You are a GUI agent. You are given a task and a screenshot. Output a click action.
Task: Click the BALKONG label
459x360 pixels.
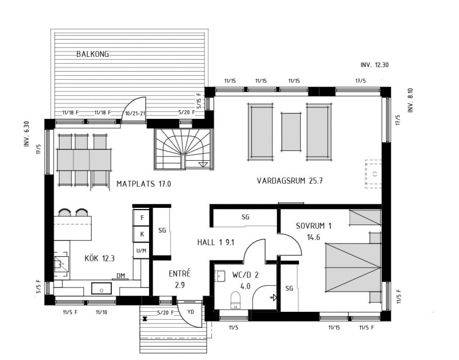(x=92, y=54)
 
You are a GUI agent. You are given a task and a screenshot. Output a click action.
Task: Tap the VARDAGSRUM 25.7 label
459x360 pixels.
(x=290, y=181)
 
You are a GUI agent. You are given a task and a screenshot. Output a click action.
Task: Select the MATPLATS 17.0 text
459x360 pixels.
(x=144, y=184)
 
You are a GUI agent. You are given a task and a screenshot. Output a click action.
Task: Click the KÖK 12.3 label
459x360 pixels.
(x=99, y=258)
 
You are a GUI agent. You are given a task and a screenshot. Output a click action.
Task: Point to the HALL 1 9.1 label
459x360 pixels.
(x=216, y=242)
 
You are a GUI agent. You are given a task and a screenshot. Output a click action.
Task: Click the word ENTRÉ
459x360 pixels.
(x=180, y=273)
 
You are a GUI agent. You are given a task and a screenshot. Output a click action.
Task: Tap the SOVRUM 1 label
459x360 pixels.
(x=313, y=226)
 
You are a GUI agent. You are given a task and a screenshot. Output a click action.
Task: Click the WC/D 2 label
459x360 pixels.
(x=246, y=275)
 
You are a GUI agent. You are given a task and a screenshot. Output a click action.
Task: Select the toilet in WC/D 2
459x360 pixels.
(x=235, y=300)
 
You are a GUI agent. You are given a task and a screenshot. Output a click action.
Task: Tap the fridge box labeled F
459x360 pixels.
(x=142, y=218)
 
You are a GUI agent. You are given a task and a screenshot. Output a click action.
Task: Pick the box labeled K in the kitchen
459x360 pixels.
(x=142, y=234)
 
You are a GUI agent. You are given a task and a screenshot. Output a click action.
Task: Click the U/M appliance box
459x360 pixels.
(x=142, y=250)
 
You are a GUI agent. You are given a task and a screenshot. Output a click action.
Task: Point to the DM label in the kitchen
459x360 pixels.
(x=120, y=276)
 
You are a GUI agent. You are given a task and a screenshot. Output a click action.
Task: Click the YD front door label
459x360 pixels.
(x=190, y=312)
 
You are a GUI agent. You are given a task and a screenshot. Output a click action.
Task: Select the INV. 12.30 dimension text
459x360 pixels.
(x=375, y=65)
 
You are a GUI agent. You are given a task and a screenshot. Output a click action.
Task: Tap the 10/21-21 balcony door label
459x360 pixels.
(x=135, y=113)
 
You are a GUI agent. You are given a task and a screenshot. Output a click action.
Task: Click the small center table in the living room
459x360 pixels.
(x=291, y=132)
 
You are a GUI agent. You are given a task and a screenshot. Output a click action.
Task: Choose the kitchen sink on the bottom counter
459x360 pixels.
(x=102, y=288)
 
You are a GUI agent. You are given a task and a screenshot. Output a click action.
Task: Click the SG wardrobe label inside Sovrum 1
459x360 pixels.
(x=289, y=288)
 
